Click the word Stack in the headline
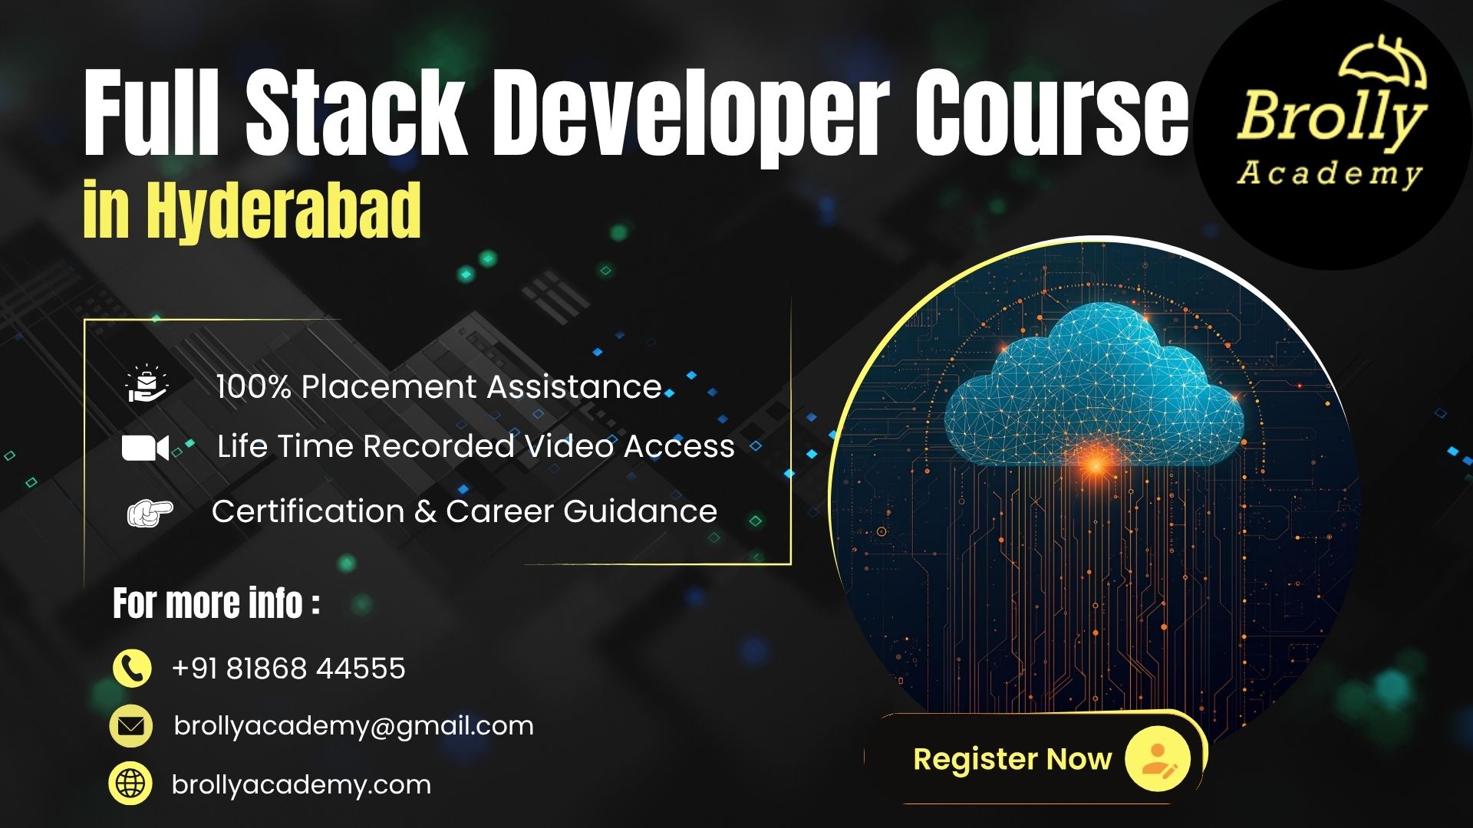tap(354, 112)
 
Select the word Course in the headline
tap(1051, 112)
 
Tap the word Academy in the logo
tap(1330, 173)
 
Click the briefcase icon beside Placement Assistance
tap(146, 386)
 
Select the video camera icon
tap(145, 448)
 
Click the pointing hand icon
tap(150, 512)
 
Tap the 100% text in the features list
tap(252, 387)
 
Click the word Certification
tap(308, 511)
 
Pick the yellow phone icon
tap(132, 668)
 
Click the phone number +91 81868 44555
tap(288, 669)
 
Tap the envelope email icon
tap(131, 725)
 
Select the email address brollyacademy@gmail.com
tap(354, 726)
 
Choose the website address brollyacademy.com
tap(302, 785)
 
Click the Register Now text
tap(1012, 759)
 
